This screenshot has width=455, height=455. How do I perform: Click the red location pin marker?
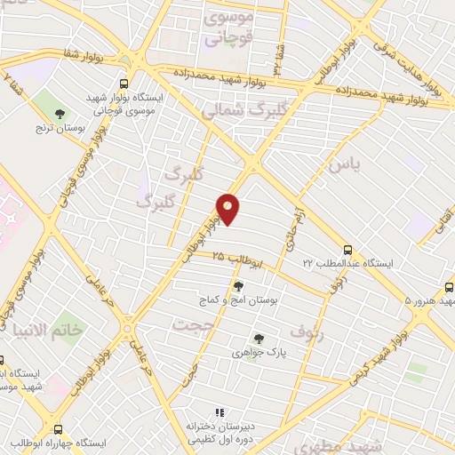[x=228, y=209]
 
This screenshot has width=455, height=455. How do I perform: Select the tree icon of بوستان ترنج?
[x=60, y=113]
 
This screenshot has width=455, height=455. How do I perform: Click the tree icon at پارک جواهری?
[x=258, y=339]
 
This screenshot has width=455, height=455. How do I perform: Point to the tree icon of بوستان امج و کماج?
[x=238, y=286]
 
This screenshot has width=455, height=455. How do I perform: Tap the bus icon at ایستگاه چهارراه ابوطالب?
[x=59, y=428]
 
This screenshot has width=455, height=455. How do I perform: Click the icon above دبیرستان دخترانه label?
[x=220, y=411]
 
